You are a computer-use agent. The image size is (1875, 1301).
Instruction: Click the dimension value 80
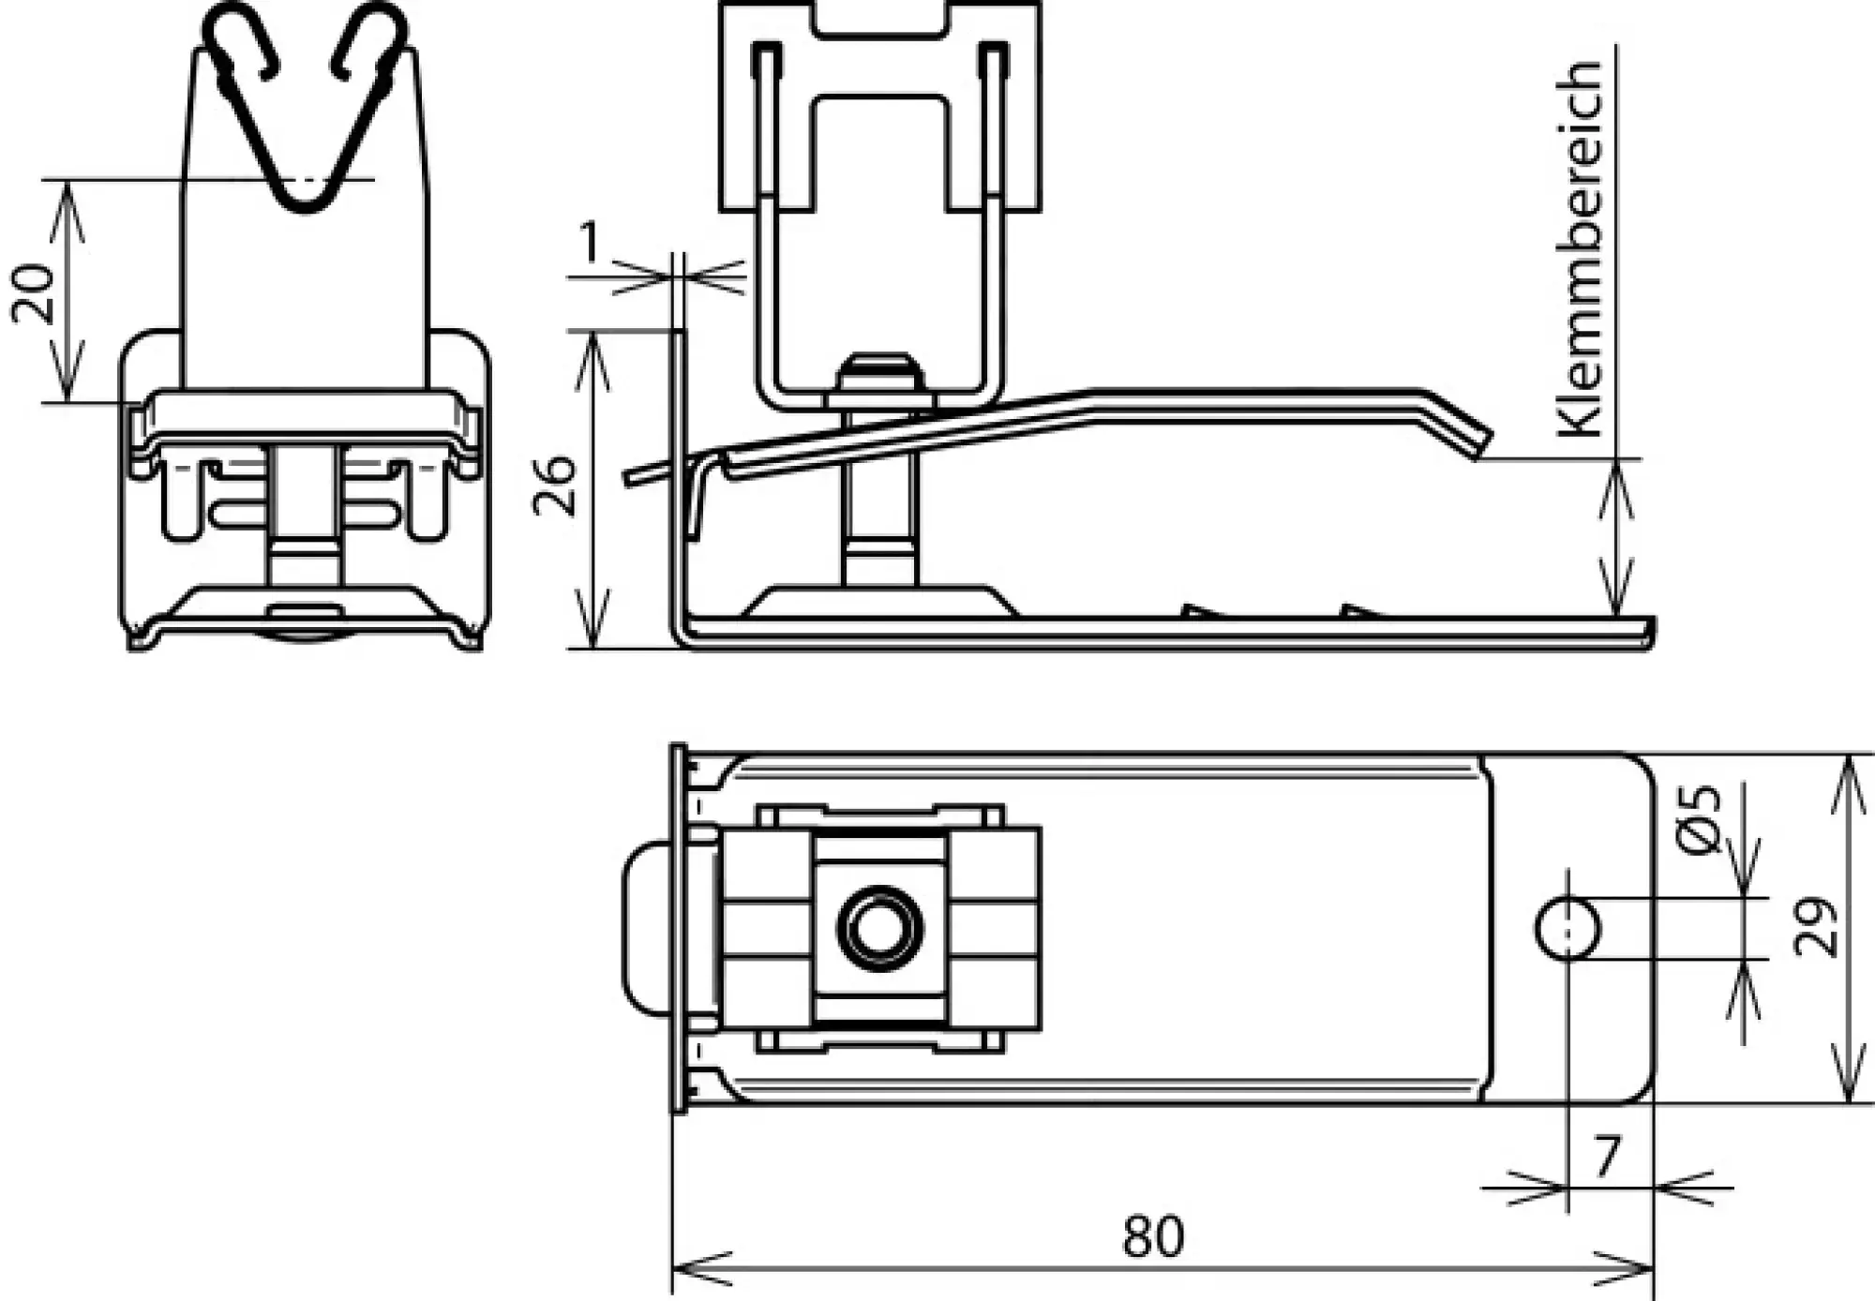click(x=1153, y=1236)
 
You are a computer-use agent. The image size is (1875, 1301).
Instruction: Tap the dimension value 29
click(x=1816, y=928)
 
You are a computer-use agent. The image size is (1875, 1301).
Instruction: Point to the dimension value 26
click(x=555, y=486)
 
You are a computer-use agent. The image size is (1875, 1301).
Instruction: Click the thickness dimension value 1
click(x=589, y=243)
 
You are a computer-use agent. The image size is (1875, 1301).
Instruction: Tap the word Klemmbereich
click(x=1579, y=248)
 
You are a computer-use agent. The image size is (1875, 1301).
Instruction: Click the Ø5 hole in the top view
click(x=1567, y=928)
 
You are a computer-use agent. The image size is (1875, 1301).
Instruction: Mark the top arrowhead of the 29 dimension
click(x=1847, y=769)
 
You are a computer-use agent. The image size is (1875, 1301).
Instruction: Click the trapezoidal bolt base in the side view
click(x=878, y=603)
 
